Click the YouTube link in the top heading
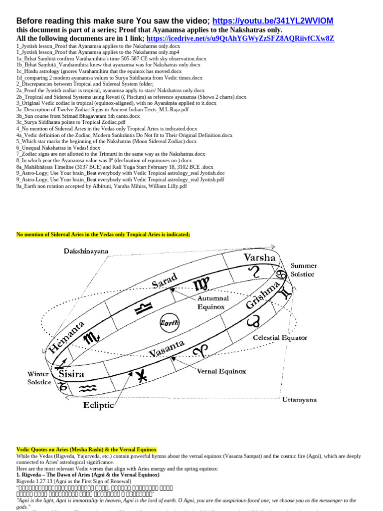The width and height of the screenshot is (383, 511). point(273,20)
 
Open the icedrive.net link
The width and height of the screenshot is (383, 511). point(241,38)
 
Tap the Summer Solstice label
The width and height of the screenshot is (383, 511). point(303,270)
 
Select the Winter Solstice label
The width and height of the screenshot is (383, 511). point(39,378)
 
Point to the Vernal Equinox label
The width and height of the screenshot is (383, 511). point(221,371)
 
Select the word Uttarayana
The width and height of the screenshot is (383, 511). point(299,399)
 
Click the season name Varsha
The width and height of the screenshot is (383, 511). point(259,257)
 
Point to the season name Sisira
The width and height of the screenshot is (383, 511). point(71,373)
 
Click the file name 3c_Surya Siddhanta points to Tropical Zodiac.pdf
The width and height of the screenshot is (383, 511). point(71,122)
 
